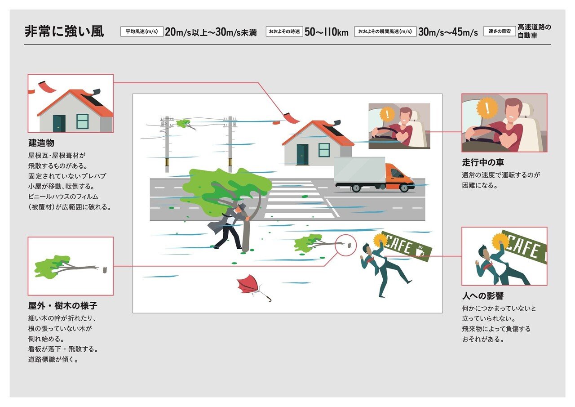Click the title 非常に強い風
[64, 31]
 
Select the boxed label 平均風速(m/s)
[142, 31]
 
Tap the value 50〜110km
[327, 32]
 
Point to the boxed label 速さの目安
[500, 31]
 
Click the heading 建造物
[41, 143]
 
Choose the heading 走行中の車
[483, 162]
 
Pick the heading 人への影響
[483, 296]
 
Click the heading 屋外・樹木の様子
[63, 306]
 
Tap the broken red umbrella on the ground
[250, 286]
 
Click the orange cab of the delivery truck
[398, 175]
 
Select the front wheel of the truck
[404, 188]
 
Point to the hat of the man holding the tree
[241, 206]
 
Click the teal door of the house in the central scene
[302, 154]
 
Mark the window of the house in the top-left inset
[82, 121]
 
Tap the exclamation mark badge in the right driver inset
[487, 107]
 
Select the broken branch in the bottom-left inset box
[67, 268]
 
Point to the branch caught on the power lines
[186, 124]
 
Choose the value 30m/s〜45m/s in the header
[448, 32]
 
